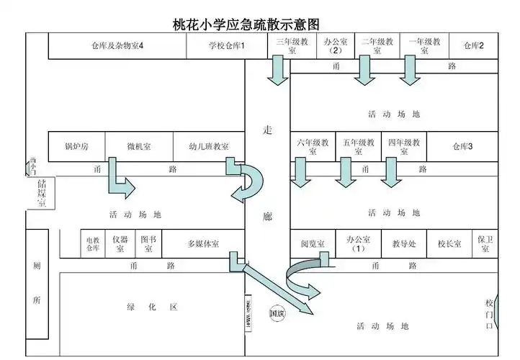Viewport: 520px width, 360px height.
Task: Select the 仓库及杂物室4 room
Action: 117,46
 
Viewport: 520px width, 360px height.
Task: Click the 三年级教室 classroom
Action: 292,46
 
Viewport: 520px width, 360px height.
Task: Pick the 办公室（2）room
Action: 335,46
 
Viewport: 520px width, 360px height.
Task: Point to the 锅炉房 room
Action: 76,147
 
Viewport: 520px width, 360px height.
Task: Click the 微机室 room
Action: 139,147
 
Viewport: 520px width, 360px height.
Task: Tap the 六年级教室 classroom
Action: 313,147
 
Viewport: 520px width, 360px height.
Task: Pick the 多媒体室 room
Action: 203,244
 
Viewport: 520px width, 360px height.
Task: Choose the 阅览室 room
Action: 313,244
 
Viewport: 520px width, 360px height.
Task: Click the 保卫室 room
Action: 485,243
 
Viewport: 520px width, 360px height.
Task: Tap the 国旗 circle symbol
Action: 277,313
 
